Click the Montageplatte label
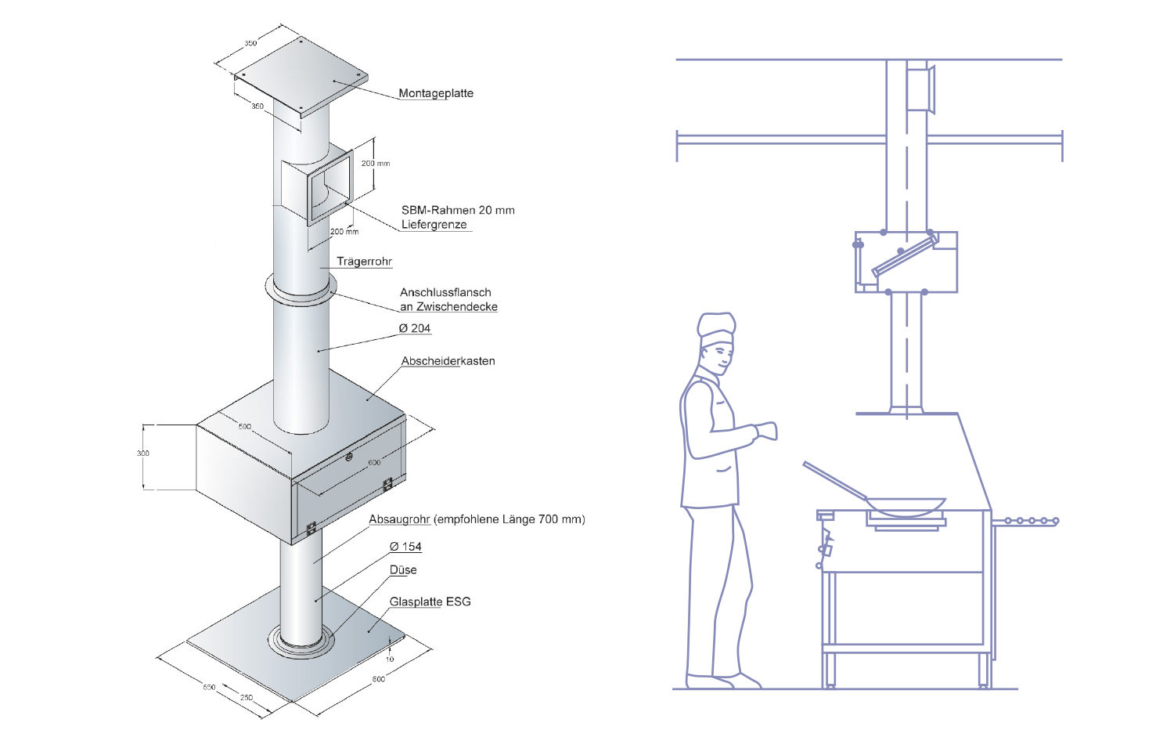click(x=435, y=93)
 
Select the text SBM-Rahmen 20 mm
click(x=458, y=210)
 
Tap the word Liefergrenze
click(x=434, y=225)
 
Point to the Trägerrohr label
click(x=364, y=262)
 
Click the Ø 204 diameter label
click(x=414, y=328)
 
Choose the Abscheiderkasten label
click(x=448, y=361)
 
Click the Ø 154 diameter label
click(x=405, y=547)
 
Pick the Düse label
click(x=403, y=569)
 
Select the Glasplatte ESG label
click(x=430, y=602)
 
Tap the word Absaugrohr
click(x=399, y=519)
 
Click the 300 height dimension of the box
click(x=143, y=453)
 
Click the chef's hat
click(x=716, y=328)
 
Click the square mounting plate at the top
click(x=301, y=74)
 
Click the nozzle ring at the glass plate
click(x=301, y=642)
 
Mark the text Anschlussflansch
click(x=445, y=292)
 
